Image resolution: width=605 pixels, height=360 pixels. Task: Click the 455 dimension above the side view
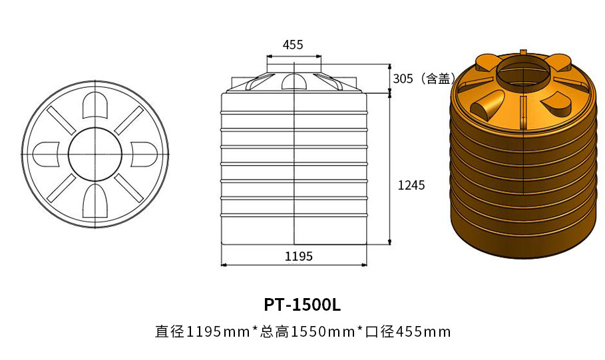(293, 45)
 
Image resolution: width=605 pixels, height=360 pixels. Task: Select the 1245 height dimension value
(411, 186)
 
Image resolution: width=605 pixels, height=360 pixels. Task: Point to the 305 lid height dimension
(403, 79)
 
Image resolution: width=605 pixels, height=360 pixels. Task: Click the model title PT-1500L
(302, 305)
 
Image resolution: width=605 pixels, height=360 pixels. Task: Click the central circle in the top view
(95, 154)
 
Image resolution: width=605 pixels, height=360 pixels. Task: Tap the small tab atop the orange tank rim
(523, 52)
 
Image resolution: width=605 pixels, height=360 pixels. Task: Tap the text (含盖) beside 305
(437, 79)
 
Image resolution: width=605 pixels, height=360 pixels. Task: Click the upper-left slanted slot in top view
(62, 120)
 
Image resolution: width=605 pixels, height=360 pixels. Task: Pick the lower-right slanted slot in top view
(128, 188)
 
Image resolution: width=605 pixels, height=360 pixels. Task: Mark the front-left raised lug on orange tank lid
(485, 105)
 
